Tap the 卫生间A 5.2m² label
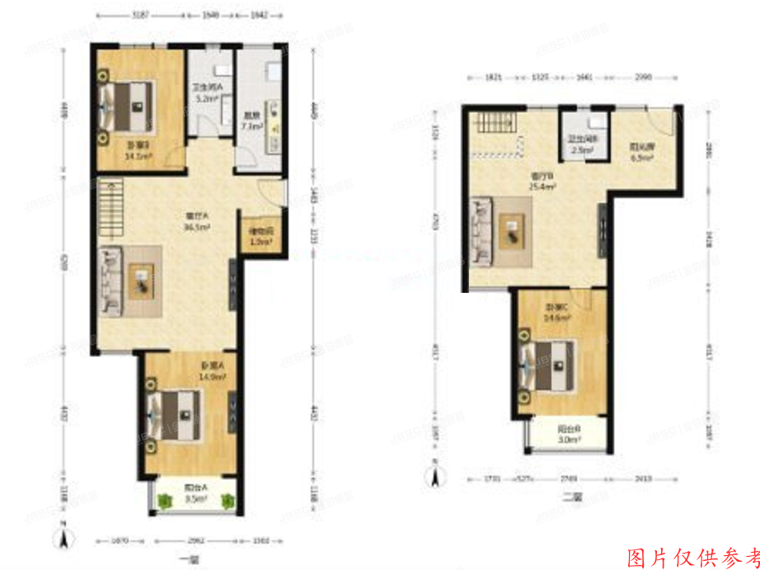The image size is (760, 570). click(x=206, y=93)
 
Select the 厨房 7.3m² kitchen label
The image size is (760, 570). click(x=251, y=122)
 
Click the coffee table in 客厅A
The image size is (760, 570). click(x=142, y=280)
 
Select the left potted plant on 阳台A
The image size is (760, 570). click(x=166, y=499)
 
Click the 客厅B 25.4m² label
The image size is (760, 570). click(x=540, y=181)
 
